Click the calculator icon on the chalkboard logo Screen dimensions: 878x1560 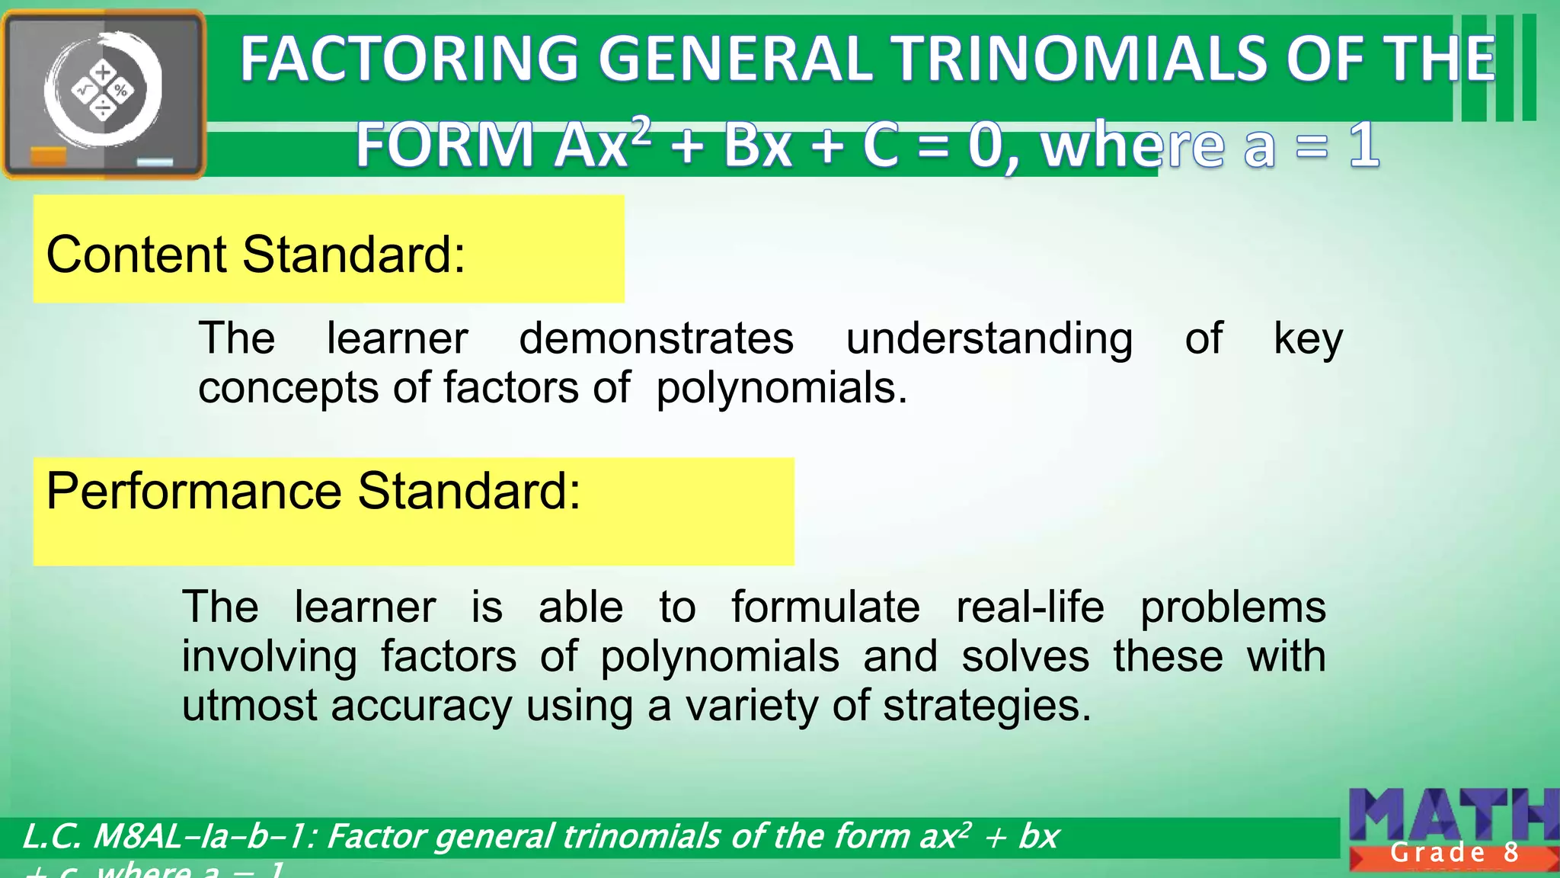click(x=103, y=91)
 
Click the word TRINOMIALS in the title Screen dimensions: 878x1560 click(x=1082, y=59)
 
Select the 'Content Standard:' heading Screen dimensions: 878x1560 click(x=255, y=255)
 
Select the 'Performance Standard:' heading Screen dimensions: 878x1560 click(x=313, y=492)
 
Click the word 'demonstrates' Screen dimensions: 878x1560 click(x=656, y=338)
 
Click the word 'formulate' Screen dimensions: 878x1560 click(x=825, y=607)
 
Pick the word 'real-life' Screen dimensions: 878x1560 click(x=1029, y=607)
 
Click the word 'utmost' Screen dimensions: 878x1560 click(x=248, y=706)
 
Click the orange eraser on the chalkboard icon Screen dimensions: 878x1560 click(x=48, y=157)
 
